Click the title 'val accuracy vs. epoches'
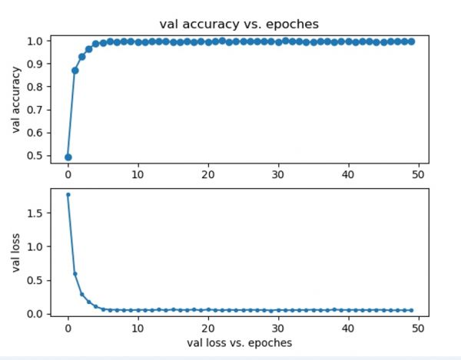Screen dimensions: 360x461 pyautogui.click(x=239, y=24)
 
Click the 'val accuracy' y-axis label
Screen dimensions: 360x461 pyautogui.click(x=15, y=97)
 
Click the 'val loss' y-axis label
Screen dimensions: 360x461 pyautogui.click(x=15, y=253)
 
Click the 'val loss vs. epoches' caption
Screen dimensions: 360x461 pyautogui.click(x=239, y=342)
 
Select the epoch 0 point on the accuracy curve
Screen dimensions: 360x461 pyautogui.click(x=68, y=157)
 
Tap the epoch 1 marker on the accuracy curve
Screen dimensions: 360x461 pyautogui.click(x=75, y=70)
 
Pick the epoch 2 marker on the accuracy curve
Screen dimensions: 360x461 pyautogui.click(x=81, y=56)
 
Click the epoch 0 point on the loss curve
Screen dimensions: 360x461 pyautogui.click(x=68, y=195)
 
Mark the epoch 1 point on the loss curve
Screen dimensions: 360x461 pyautogui.click(x=75, y=274)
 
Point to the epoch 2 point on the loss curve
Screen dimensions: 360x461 pyautogui.click(x=81, y=294)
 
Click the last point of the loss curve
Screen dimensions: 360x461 pyautogui.click(x=412, y=310)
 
